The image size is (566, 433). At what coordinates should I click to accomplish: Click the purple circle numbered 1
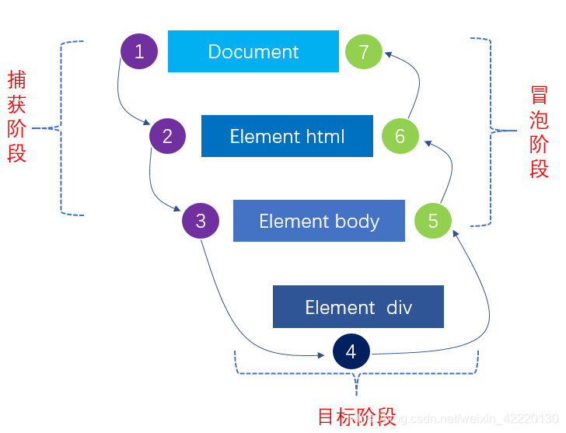click(x=139, y=51)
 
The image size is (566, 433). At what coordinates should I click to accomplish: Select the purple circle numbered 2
click(x=168, y=137)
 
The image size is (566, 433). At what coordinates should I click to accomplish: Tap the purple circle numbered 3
click(x=201, y=221)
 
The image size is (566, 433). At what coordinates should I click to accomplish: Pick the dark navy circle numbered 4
click(x=351, y=351)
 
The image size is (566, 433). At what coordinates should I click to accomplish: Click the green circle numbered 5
click(x=433, y=221)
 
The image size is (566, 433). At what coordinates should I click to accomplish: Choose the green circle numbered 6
click(x=400, y=137)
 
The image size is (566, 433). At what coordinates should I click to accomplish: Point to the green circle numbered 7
click(x=364, y=52)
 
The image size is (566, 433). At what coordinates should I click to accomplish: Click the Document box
click(x=253, y=51)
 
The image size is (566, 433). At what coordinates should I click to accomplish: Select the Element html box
click(x=287, y=136)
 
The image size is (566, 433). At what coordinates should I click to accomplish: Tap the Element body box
click(x=319, y=221)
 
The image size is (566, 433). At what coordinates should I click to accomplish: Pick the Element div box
click(x=358, y=306)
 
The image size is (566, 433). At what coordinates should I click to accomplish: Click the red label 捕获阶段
click(x=17, y=117)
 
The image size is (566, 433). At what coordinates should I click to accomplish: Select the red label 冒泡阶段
click(x=539, y=132)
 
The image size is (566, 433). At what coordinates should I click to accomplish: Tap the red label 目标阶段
click(x=357, y=417)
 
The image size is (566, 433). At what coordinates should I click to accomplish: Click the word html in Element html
click(x=323, y=137)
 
